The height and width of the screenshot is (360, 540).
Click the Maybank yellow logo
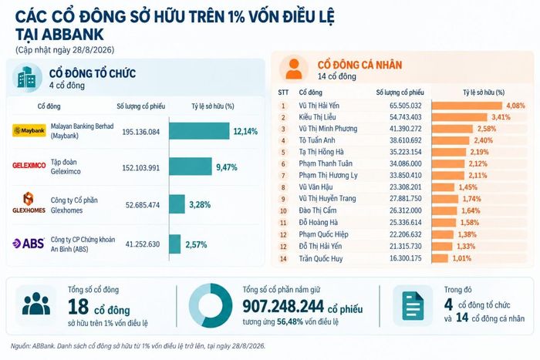tap(29, 131)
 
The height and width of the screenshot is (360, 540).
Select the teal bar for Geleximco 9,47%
tap(191, 167)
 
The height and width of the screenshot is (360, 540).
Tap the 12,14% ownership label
tap(245, 132)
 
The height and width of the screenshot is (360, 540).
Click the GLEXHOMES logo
tap(29, 203)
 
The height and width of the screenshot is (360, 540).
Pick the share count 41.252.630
tap(143, 244)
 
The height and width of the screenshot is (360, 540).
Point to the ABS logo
tap(29, 244)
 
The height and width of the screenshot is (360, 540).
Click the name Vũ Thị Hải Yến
tap(319, 106)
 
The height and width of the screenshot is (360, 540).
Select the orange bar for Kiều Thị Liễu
tap(460, 117)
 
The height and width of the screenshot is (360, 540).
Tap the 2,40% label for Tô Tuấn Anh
tap(483, 140)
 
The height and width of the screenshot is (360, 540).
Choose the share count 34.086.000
tap(405, 164)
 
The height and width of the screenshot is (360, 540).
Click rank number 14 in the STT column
tap(283, 259)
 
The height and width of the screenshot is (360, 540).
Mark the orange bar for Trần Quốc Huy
tap(440, 258)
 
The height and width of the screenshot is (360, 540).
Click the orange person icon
tap(294, 69)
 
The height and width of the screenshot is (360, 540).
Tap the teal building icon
tap(27, 78)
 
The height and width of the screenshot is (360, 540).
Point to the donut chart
tap(211, 305)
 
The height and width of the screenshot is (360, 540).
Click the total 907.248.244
tap(283, 306)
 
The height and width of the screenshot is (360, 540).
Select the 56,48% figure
tap(290, 321)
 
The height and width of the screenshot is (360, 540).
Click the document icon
tap(413, 305)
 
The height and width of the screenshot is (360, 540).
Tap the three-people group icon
tap(35, 304)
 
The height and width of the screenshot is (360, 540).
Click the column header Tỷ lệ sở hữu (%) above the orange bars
tap(484, 93)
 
